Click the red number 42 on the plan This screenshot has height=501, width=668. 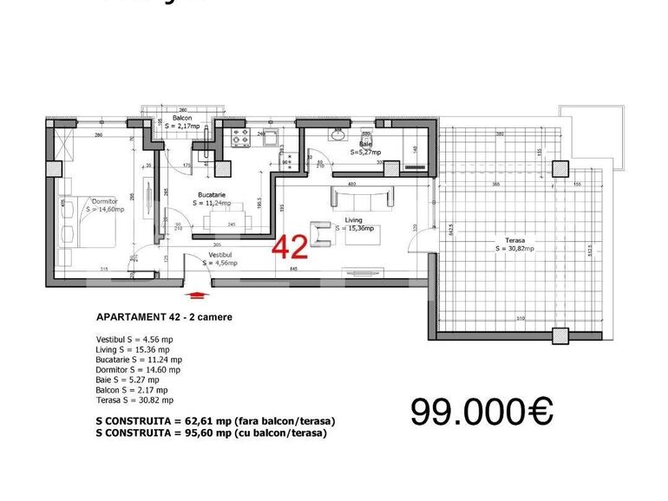coord(290,248)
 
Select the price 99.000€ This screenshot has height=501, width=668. coord(481,413)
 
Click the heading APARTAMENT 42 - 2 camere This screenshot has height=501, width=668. coord(163,317)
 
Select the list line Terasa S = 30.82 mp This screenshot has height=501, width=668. coord(134,400)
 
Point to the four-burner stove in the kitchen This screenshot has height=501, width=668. coord(240,136)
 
